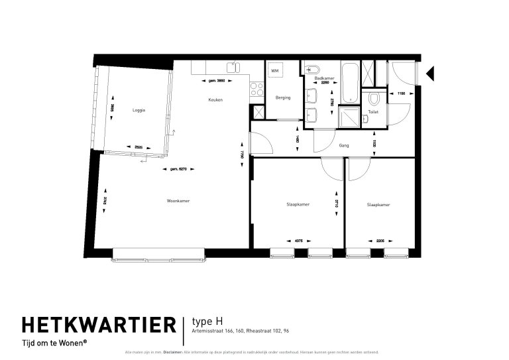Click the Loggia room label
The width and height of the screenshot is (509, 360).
(x=138, y=110)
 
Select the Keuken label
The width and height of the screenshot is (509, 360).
(x=215, y=100)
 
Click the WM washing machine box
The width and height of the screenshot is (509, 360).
(x=275, y=70)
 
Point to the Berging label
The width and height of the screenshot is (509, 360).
(x=283, y=97)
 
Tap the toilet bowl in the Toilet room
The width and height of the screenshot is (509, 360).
(x=374, y=100)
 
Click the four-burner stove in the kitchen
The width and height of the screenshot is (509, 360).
(x=256, y=91)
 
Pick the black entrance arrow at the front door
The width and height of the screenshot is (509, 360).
(x=429, y=73)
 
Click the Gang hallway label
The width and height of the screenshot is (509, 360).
(x=344, y=145)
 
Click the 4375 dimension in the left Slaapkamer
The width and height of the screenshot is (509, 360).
(x=298, y=241)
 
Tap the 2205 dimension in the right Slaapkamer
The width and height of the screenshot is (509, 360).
(x=380, y=241)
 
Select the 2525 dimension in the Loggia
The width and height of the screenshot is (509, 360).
(x=139, y=147)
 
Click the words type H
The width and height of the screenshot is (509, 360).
(x=205, y=321)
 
